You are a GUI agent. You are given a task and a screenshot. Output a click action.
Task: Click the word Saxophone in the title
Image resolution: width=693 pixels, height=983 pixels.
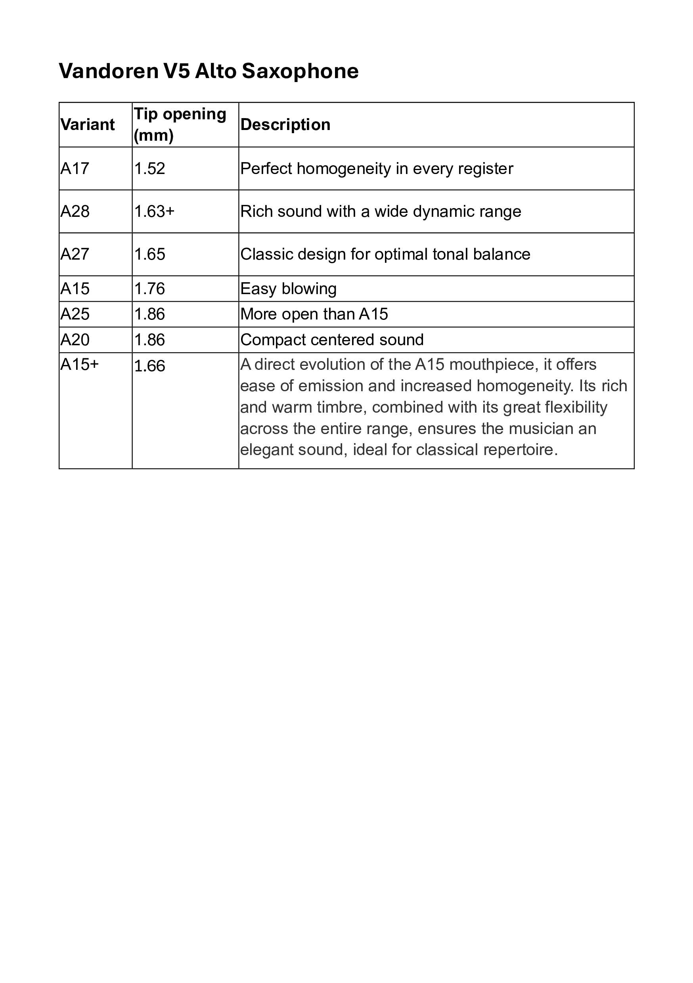click(300, 71)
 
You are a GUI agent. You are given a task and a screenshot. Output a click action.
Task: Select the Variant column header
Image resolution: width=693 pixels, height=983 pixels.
click(87, 124)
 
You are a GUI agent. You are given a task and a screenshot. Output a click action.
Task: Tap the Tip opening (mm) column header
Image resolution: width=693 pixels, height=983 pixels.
click(180, 124)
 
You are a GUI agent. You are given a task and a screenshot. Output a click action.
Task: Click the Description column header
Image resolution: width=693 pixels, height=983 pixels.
click(285, 124)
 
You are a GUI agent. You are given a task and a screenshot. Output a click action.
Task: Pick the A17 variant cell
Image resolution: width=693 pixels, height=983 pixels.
click(75, 169)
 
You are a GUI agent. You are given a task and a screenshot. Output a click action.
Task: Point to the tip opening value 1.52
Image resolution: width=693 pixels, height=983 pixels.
click(149, 169)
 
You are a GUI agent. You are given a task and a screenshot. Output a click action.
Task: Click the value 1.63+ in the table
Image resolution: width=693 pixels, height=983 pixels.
click(154, 212)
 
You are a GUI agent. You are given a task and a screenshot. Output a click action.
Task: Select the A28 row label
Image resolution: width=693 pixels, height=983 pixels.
click(75, 212)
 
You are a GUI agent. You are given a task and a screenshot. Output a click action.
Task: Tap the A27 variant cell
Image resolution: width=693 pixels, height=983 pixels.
click(75, 254)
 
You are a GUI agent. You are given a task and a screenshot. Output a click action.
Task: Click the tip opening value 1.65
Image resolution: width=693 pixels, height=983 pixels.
click(149, 254)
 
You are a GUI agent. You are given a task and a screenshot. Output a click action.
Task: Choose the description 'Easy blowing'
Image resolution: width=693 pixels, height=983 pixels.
click(288, 289)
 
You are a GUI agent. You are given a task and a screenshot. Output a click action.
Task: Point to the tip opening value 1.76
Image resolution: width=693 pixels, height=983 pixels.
click(149, 289)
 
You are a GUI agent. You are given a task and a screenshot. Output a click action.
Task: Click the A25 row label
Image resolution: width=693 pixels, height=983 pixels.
click(75, 314)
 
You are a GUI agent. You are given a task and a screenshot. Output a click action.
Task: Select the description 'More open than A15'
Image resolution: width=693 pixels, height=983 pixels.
click(314, 314)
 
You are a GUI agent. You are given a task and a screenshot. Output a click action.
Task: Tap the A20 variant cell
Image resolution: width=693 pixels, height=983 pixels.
click(75, 340)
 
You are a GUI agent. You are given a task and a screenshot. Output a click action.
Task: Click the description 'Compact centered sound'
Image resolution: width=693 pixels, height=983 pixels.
click(332, 340)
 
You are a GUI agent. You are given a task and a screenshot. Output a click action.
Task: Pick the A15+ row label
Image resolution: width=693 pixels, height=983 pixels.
click(80, 364)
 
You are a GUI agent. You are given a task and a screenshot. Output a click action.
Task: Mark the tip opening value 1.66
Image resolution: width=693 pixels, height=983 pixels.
click(149, 366)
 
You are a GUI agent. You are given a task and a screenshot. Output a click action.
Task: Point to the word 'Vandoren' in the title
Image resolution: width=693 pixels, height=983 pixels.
click(109, 71)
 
